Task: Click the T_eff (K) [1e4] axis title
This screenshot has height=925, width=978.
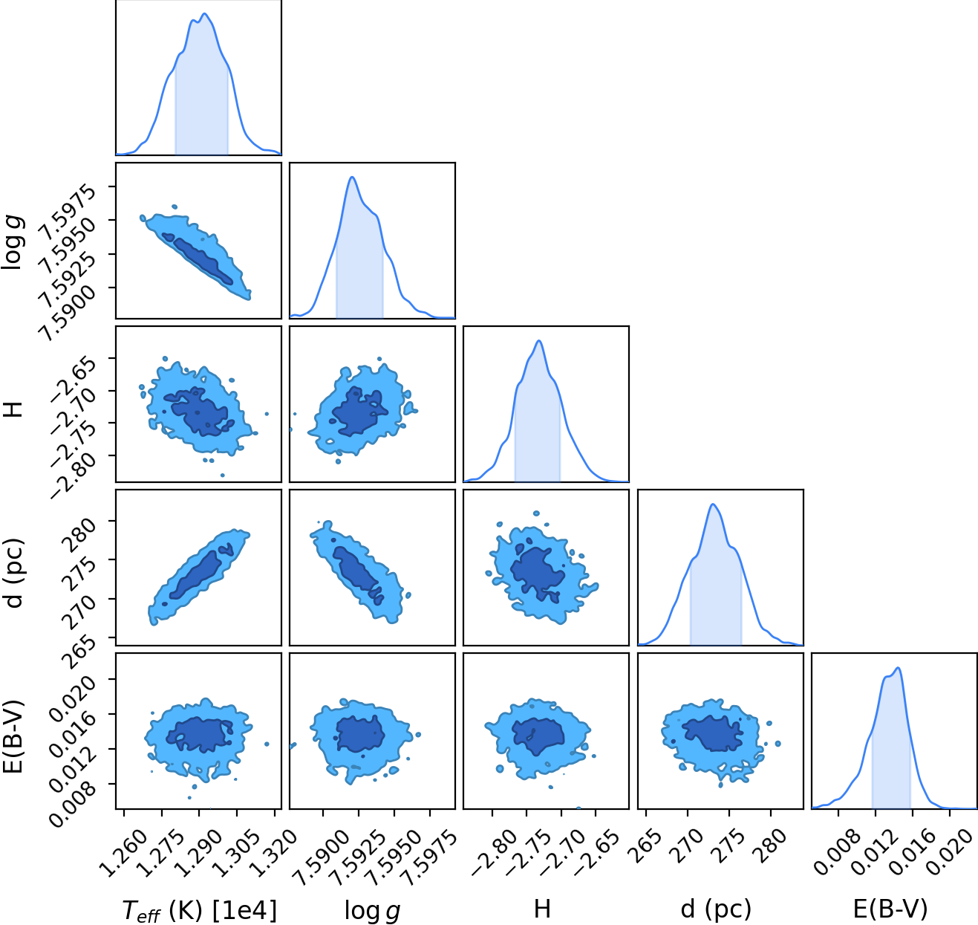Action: click(200, 911)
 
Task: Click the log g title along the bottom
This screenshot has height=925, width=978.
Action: click(373, 911)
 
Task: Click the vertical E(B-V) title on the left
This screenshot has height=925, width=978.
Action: click(13, 736)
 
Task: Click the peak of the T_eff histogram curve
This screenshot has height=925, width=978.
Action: click(204, 13)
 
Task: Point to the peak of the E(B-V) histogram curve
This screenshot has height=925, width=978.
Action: click(898, 668)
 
